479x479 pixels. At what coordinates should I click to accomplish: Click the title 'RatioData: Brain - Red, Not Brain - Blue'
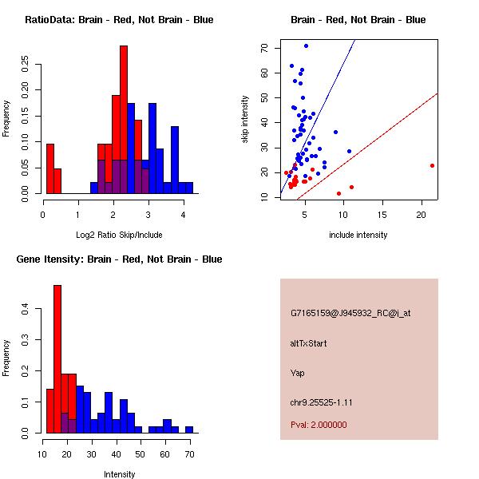[119, 20]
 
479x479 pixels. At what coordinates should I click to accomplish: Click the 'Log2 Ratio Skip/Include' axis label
[118, 236]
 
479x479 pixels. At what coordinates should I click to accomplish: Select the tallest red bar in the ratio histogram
[124, 120]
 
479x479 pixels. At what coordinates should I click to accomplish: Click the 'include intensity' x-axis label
[358, 236]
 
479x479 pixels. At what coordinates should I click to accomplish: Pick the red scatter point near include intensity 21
[432, 165]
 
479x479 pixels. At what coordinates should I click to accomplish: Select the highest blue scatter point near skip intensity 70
[306, 46]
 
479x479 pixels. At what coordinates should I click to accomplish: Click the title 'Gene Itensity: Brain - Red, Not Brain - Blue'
[118, 259]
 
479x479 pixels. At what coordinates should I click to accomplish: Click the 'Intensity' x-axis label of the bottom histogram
[119, 474]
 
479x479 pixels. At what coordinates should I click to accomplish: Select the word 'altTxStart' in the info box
[308, 343]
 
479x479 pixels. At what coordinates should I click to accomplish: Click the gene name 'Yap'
[298, 373]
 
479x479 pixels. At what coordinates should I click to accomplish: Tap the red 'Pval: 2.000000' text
[319, 425]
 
